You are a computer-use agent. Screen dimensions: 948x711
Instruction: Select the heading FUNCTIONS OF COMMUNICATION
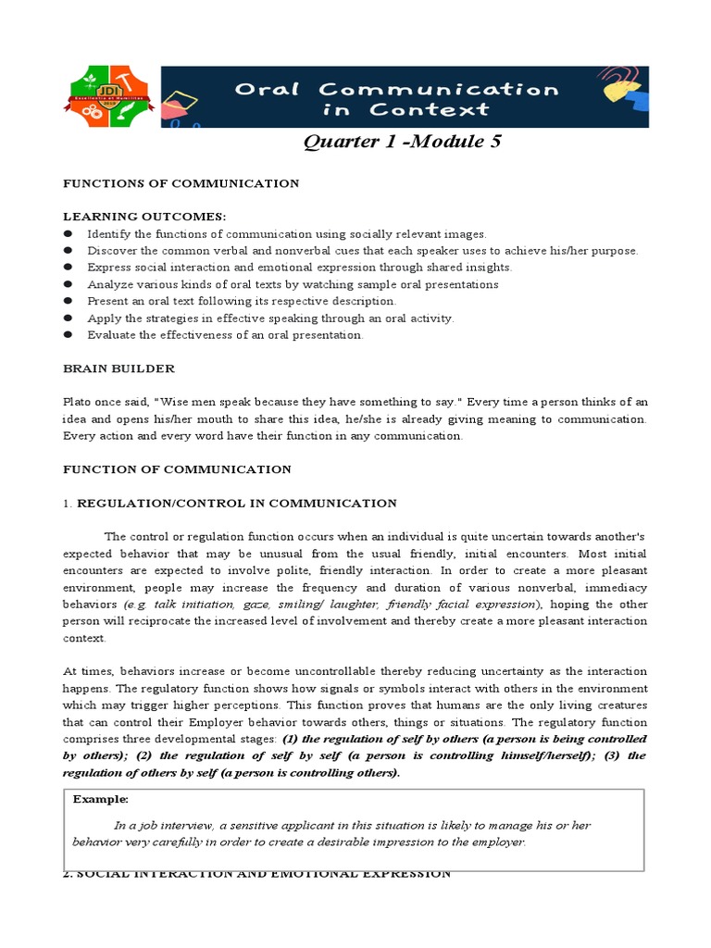[x=181, y=183]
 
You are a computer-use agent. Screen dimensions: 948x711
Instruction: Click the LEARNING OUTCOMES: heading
[x=143, y=217]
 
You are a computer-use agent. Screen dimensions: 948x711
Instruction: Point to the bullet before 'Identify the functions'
[x=68, y=234]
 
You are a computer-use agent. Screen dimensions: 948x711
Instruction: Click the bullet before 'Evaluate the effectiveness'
[x=68, y=335]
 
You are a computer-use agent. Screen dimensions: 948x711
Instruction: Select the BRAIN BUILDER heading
[x=118, y=368]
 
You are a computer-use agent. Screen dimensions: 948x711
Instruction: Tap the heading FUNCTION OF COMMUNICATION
[x=177, y=469]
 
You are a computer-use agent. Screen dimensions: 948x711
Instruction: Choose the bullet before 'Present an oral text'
[x=68, y=302]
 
